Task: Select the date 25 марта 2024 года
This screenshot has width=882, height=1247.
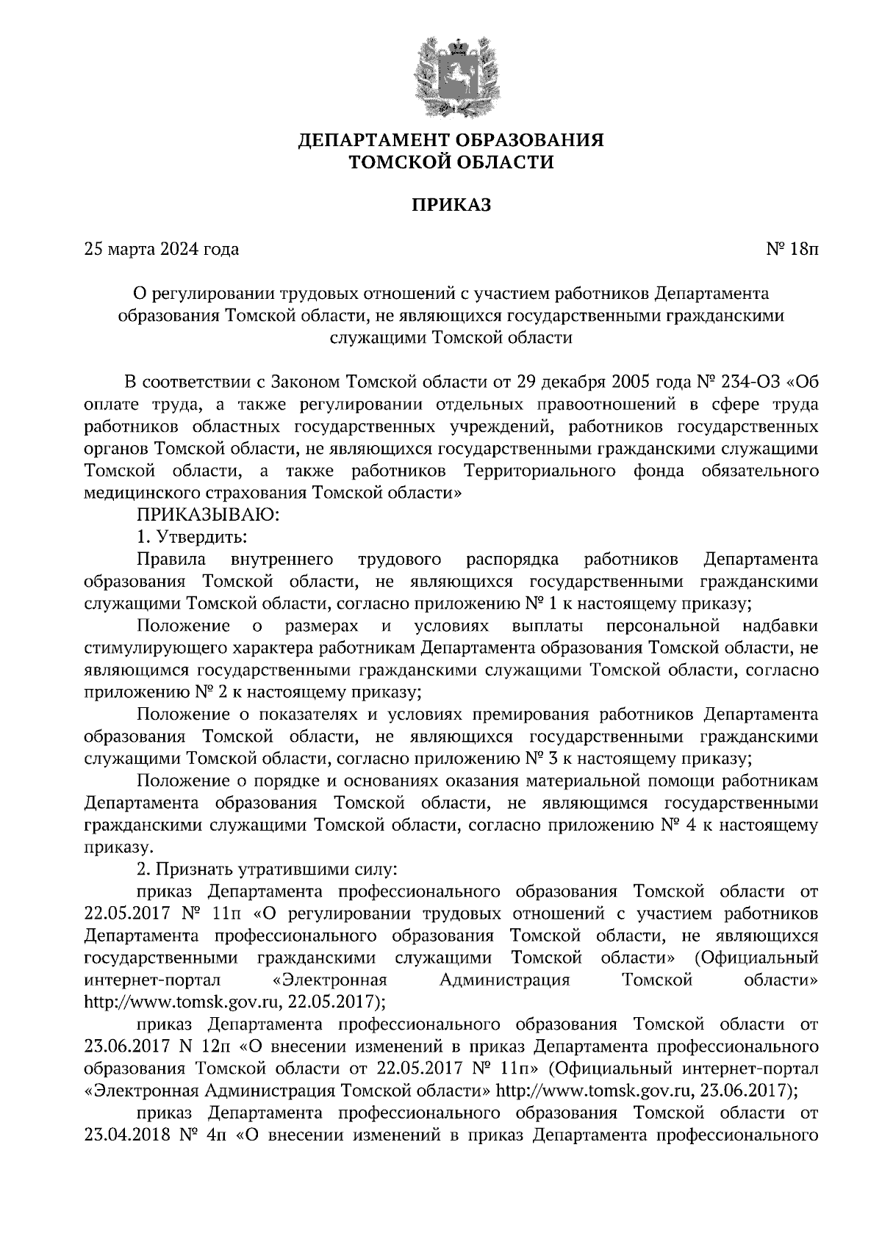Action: tap(162, 250)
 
